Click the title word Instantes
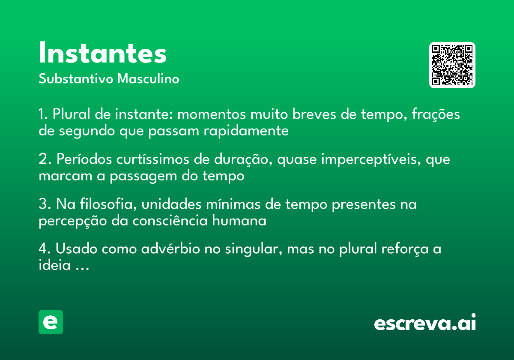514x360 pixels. pyautogui.click(x=102, y=54)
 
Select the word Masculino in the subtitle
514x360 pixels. pyautogui.click(x=148, y=79)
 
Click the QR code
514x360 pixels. pyautogui.click(x=452, y=65)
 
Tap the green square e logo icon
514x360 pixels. pyautogui.click(x=51, y=322)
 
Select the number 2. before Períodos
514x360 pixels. pyautogui.click(x=44, y=160)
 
